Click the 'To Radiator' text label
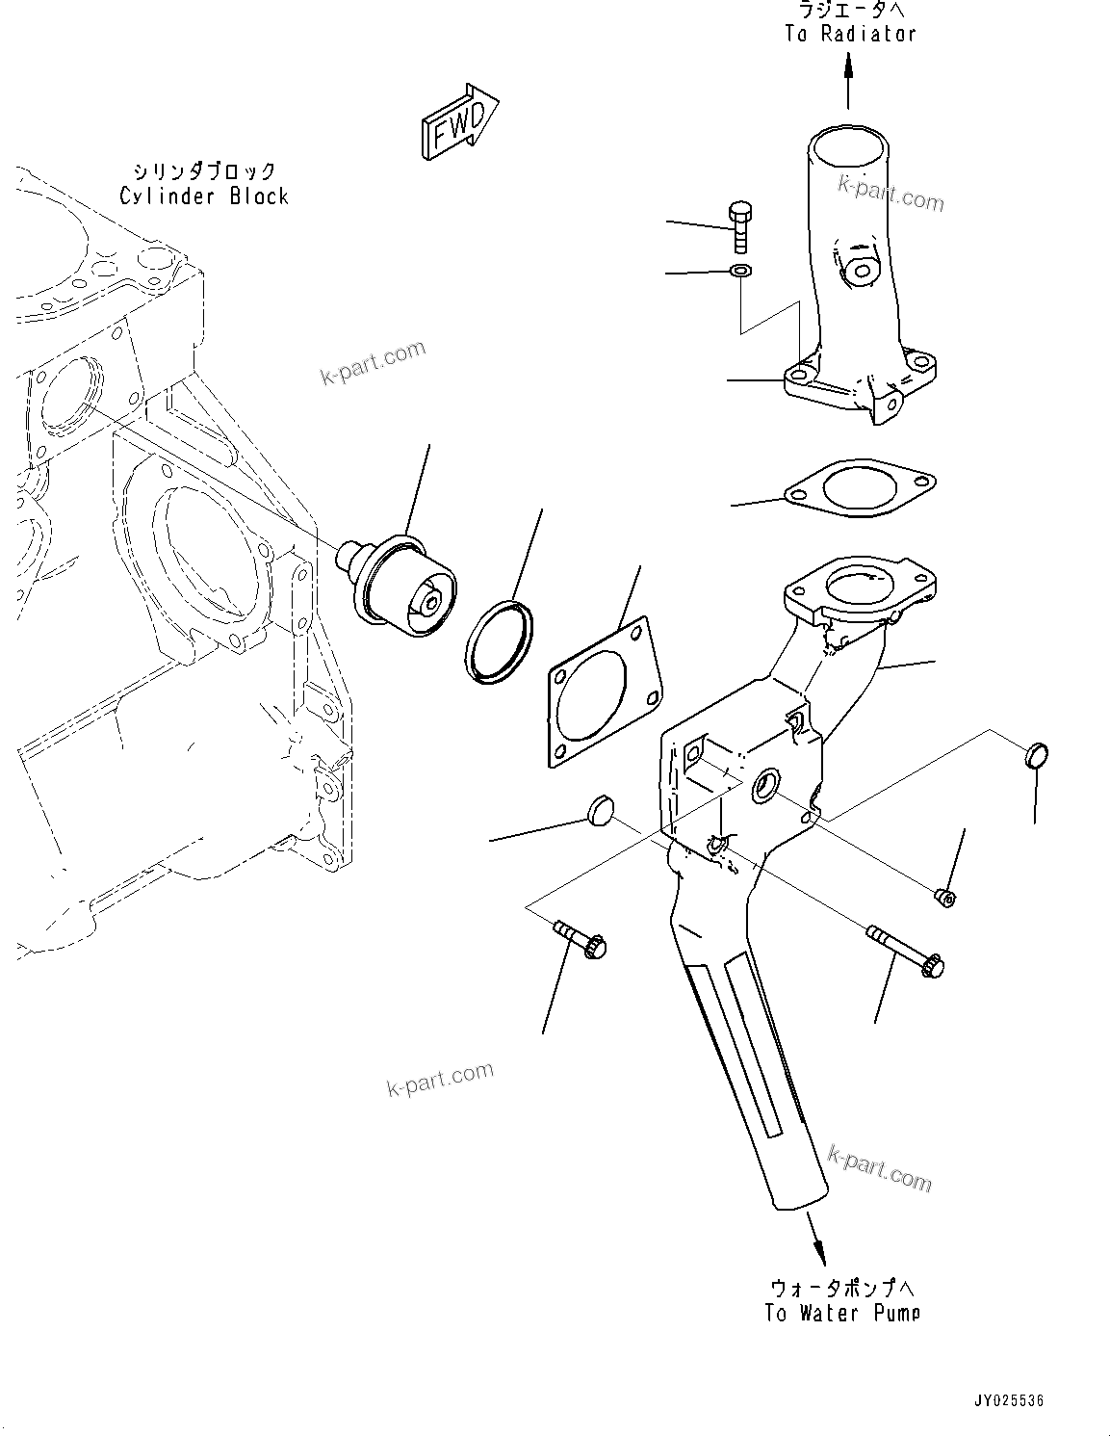pos(850,34)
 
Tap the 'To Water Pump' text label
pos(842,1313)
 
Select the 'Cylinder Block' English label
pos(204,196)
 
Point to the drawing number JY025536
pos(1008,1400)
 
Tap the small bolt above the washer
pos(740,227)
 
